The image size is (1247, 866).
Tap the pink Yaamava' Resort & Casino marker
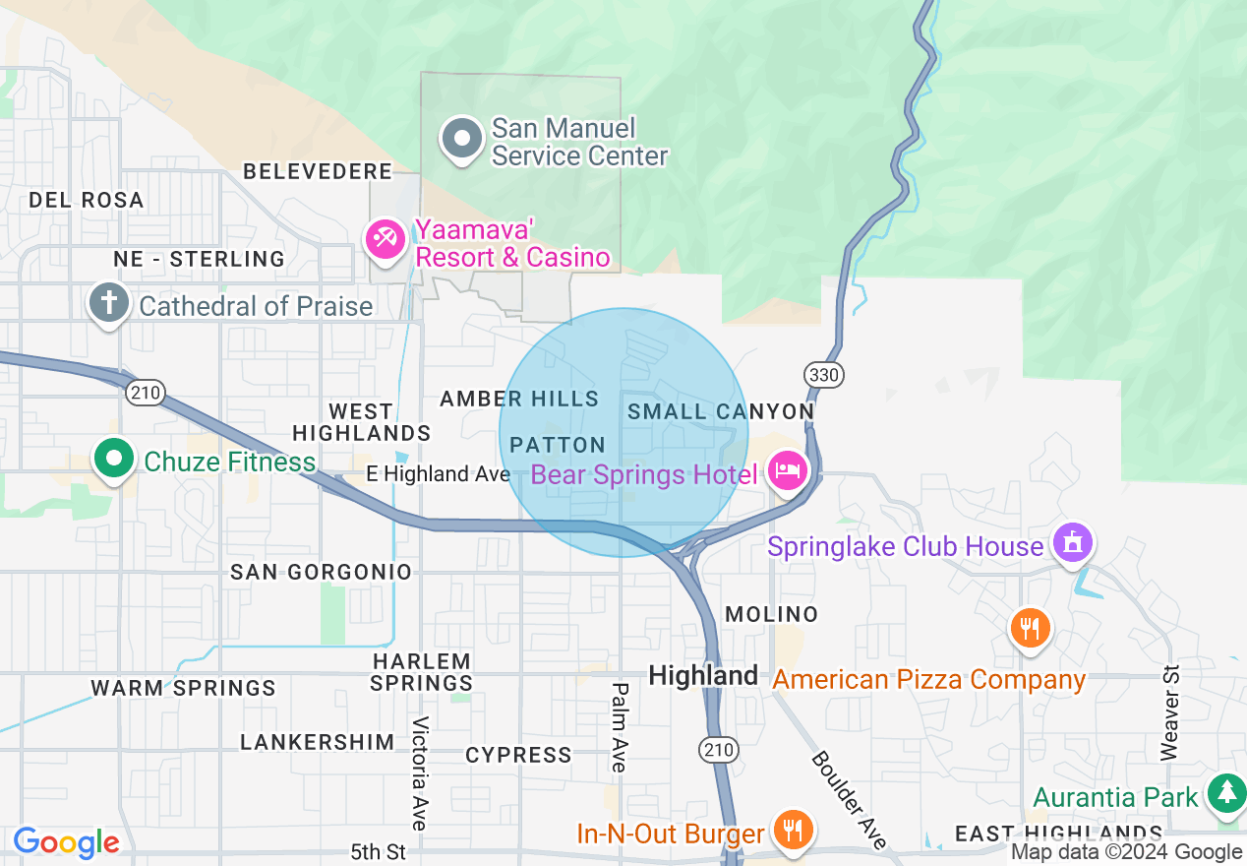click(x=386, y=239)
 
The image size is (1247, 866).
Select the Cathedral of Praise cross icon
click(x=108, y=303)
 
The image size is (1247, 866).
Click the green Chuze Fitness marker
click(x=115, y=459)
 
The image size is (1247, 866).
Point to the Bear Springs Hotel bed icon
click(x=789, y=471)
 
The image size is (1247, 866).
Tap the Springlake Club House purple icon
click(x=1072, y=542)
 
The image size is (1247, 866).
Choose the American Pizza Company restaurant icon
click(x=1030, y=627)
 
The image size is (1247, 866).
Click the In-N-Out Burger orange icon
click(x=791, y=830)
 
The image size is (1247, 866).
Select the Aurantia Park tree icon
click(x=1226, y=793)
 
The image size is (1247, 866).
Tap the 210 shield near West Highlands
click(x=144, y=393)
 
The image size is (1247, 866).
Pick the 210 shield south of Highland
click(x=718, y=750)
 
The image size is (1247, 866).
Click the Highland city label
click(x=703, y=676)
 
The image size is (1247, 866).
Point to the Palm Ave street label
click(x=620, y=726)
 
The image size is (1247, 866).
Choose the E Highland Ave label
click(x=439, y=474)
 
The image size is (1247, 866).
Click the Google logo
click(x=66, y=842)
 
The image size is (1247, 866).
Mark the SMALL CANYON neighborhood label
click(x=721, y=411)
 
